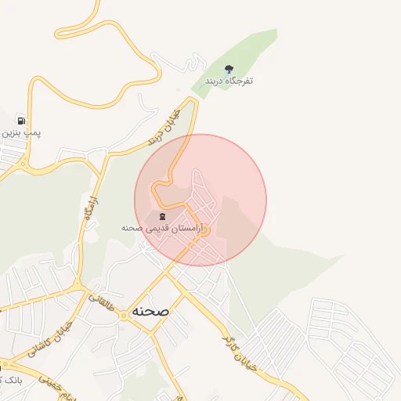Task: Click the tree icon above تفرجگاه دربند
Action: [229, 69]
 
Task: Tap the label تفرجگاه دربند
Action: [229, 81]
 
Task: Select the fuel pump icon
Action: [20, 121]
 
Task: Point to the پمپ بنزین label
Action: [20, 133]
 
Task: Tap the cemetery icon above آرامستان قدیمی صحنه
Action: [162, 216]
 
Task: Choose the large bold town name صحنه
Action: [150, 310]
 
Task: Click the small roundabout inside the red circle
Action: [204, 229]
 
